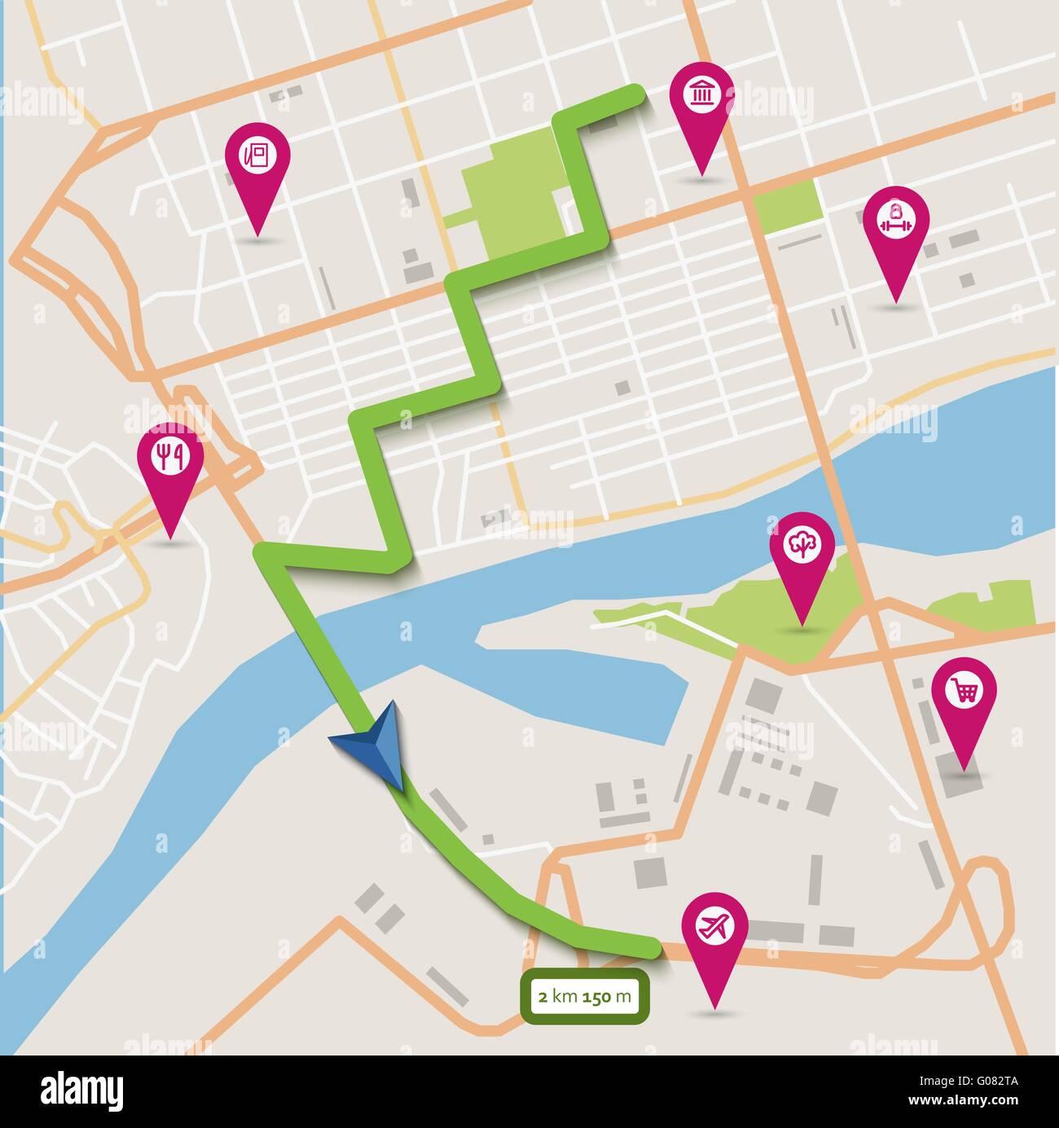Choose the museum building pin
click(701, 96)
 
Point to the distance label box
click(585, 994)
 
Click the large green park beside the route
click(513, 200)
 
